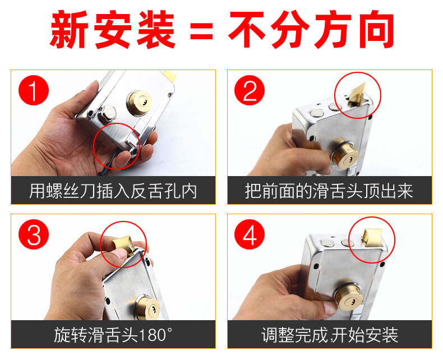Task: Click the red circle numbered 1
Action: (x=34, y=90)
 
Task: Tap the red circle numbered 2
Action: (x=250, y=90)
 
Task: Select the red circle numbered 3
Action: (x=34, y=234)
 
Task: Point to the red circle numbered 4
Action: (x=250, y=234)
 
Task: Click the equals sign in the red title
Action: (x=201, y=30)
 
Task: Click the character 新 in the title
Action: (x=70, y=30)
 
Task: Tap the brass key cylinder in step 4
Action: (x=348, y=295)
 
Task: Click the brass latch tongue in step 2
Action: (x=357, y=94)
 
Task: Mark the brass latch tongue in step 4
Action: (x=372, y=237)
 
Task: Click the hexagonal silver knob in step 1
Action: (x=107, y=114)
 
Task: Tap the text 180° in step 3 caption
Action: (x=155, y=335)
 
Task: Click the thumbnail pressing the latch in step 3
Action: (x=121, y=255)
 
